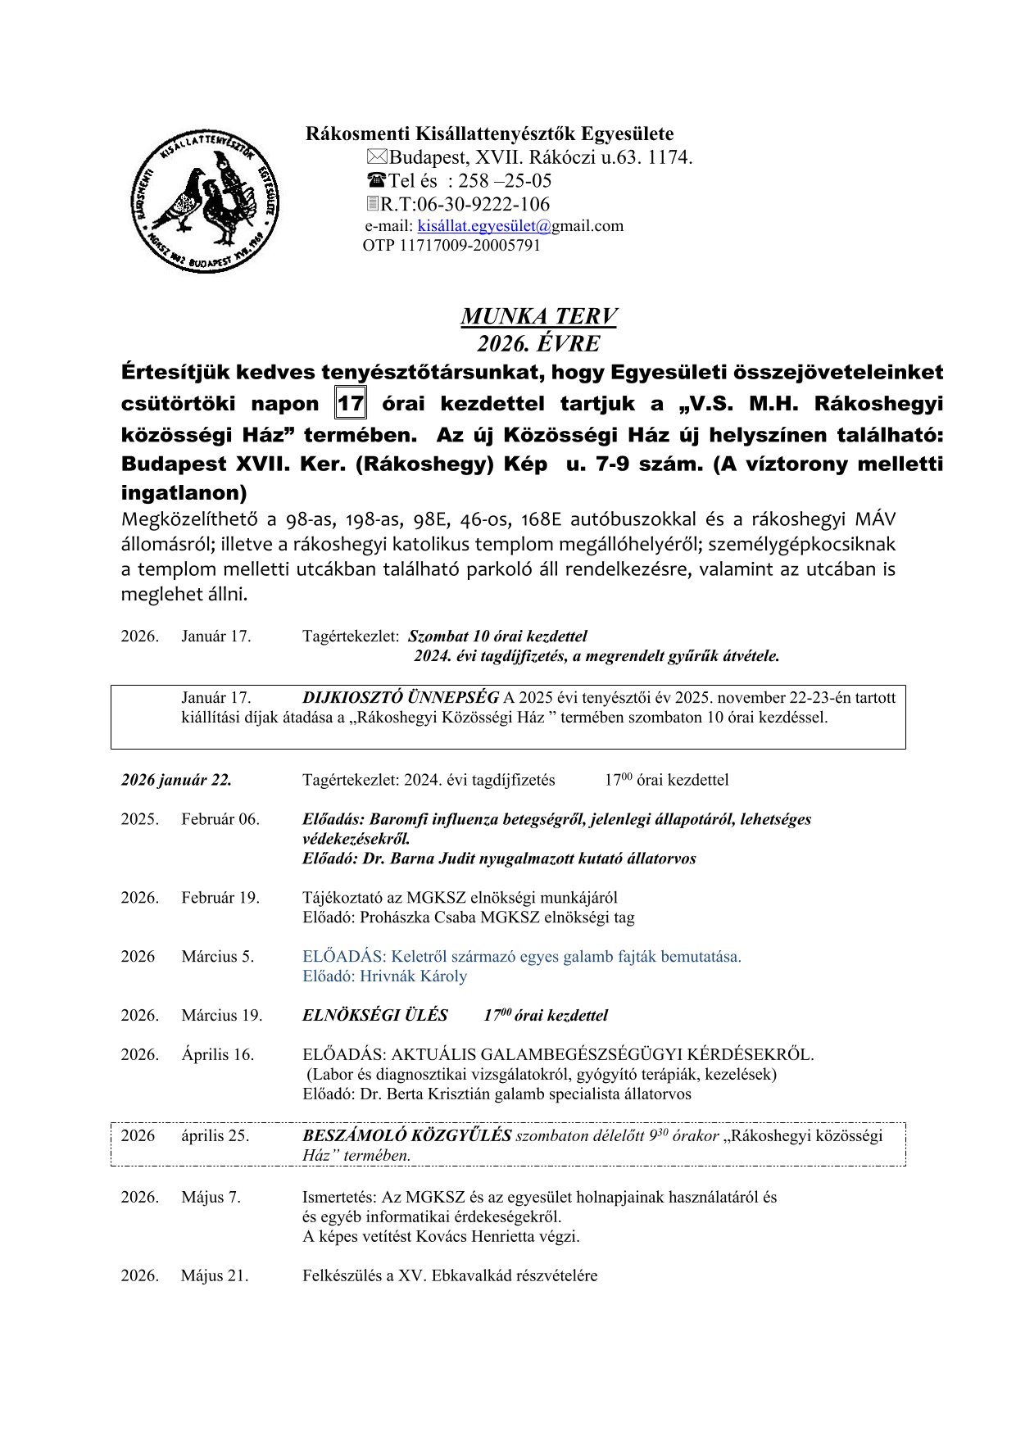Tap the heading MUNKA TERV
coord(538,316)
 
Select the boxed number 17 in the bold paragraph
coord(351,404)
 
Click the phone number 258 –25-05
coord(505,181)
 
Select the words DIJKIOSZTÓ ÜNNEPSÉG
coord(401,698)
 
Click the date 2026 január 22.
coord(176,780)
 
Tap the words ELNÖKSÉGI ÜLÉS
coord(375,1016)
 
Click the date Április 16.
coord(218,1055)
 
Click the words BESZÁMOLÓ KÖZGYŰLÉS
coord(406,1136)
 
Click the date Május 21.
coord(215,1276)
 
